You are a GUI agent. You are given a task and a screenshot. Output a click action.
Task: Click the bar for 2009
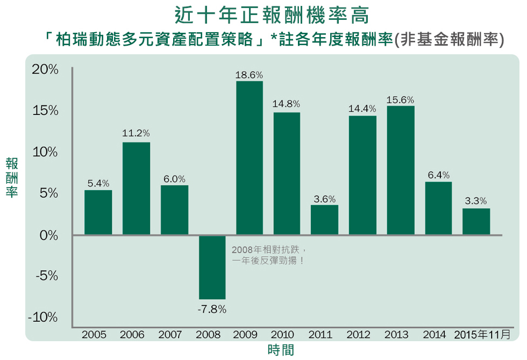[x=249, y=158]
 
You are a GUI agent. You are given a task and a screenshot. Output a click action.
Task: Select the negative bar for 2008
[x=212, y=267]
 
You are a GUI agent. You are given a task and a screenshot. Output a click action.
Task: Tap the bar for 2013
[x=401, y=170]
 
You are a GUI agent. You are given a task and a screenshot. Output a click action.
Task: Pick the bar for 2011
[x=325, y=220]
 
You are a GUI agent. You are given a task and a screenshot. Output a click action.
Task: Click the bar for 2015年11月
[x=476, y=221]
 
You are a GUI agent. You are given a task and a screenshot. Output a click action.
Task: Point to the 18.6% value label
[x=249, y=75]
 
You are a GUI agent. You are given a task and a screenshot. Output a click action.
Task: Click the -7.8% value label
[x=212, y=309]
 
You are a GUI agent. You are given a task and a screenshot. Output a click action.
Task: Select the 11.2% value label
[x=136, y=133]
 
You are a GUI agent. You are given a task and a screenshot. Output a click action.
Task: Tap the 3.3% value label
[x=476, y=201]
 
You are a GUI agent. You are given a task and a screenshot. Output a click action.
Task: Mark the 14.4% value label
[x=362, y=109]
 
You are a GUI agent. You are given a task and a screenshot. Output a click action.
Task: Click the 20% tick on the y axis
[x=45, y=70]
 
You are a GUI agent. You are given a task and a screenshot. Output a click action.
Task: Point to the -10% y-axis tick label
[x=43, y=318]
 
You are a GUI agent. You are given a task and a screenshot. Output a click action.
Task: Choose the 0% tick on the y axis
[x=48, y=235]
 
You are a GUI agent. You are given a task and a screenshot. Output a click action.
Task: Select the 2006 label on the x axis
[x=132, y=335]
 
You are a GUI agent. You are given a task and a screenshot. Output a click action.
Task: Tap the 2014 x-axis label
[x=435, y=335]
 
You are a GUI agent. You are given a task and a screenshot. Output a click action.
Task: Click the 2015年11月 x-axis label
[x=482, y=335]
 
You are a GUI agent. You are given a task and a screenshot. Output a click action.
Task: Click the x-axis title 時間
[x=281, y=350]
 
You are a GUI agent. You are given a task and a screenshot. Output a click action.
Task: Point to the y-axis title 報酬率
[x=12, y=177]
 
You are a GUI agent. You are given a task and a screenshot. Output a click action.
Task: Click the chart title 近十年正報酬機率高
[x=272, y=15]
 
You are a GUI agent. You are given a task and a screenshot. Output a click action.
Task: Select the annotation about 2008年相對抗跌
[x=269, y=255]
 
